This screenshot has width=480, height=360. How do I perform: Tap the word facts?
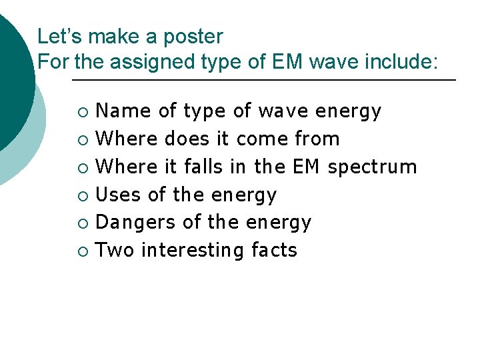pyautogui.click(x=274, y=251)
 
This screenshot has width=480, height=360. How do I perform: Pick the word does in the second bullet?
pyautogui.click(x=187, y=139)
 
